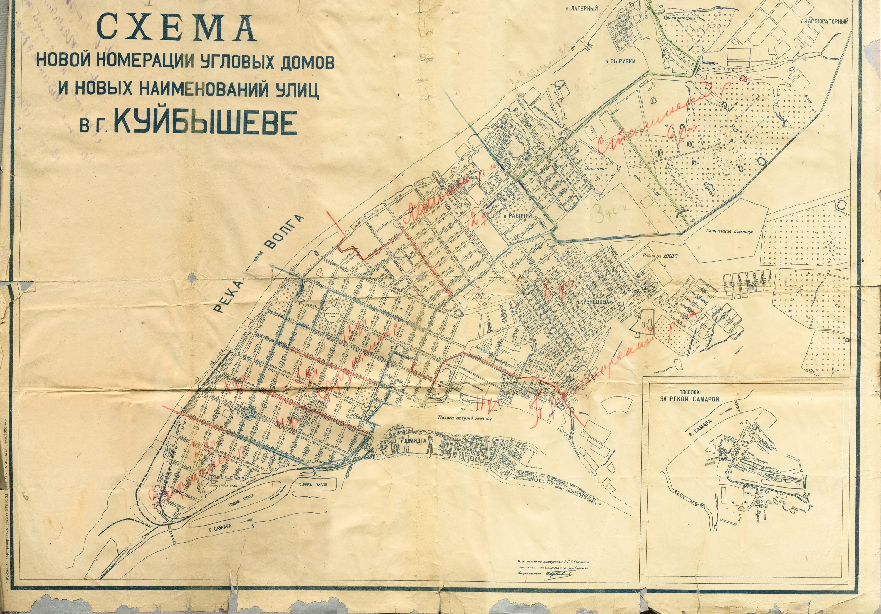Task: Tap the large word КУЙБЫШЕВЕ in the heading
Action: pos(205,122)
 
